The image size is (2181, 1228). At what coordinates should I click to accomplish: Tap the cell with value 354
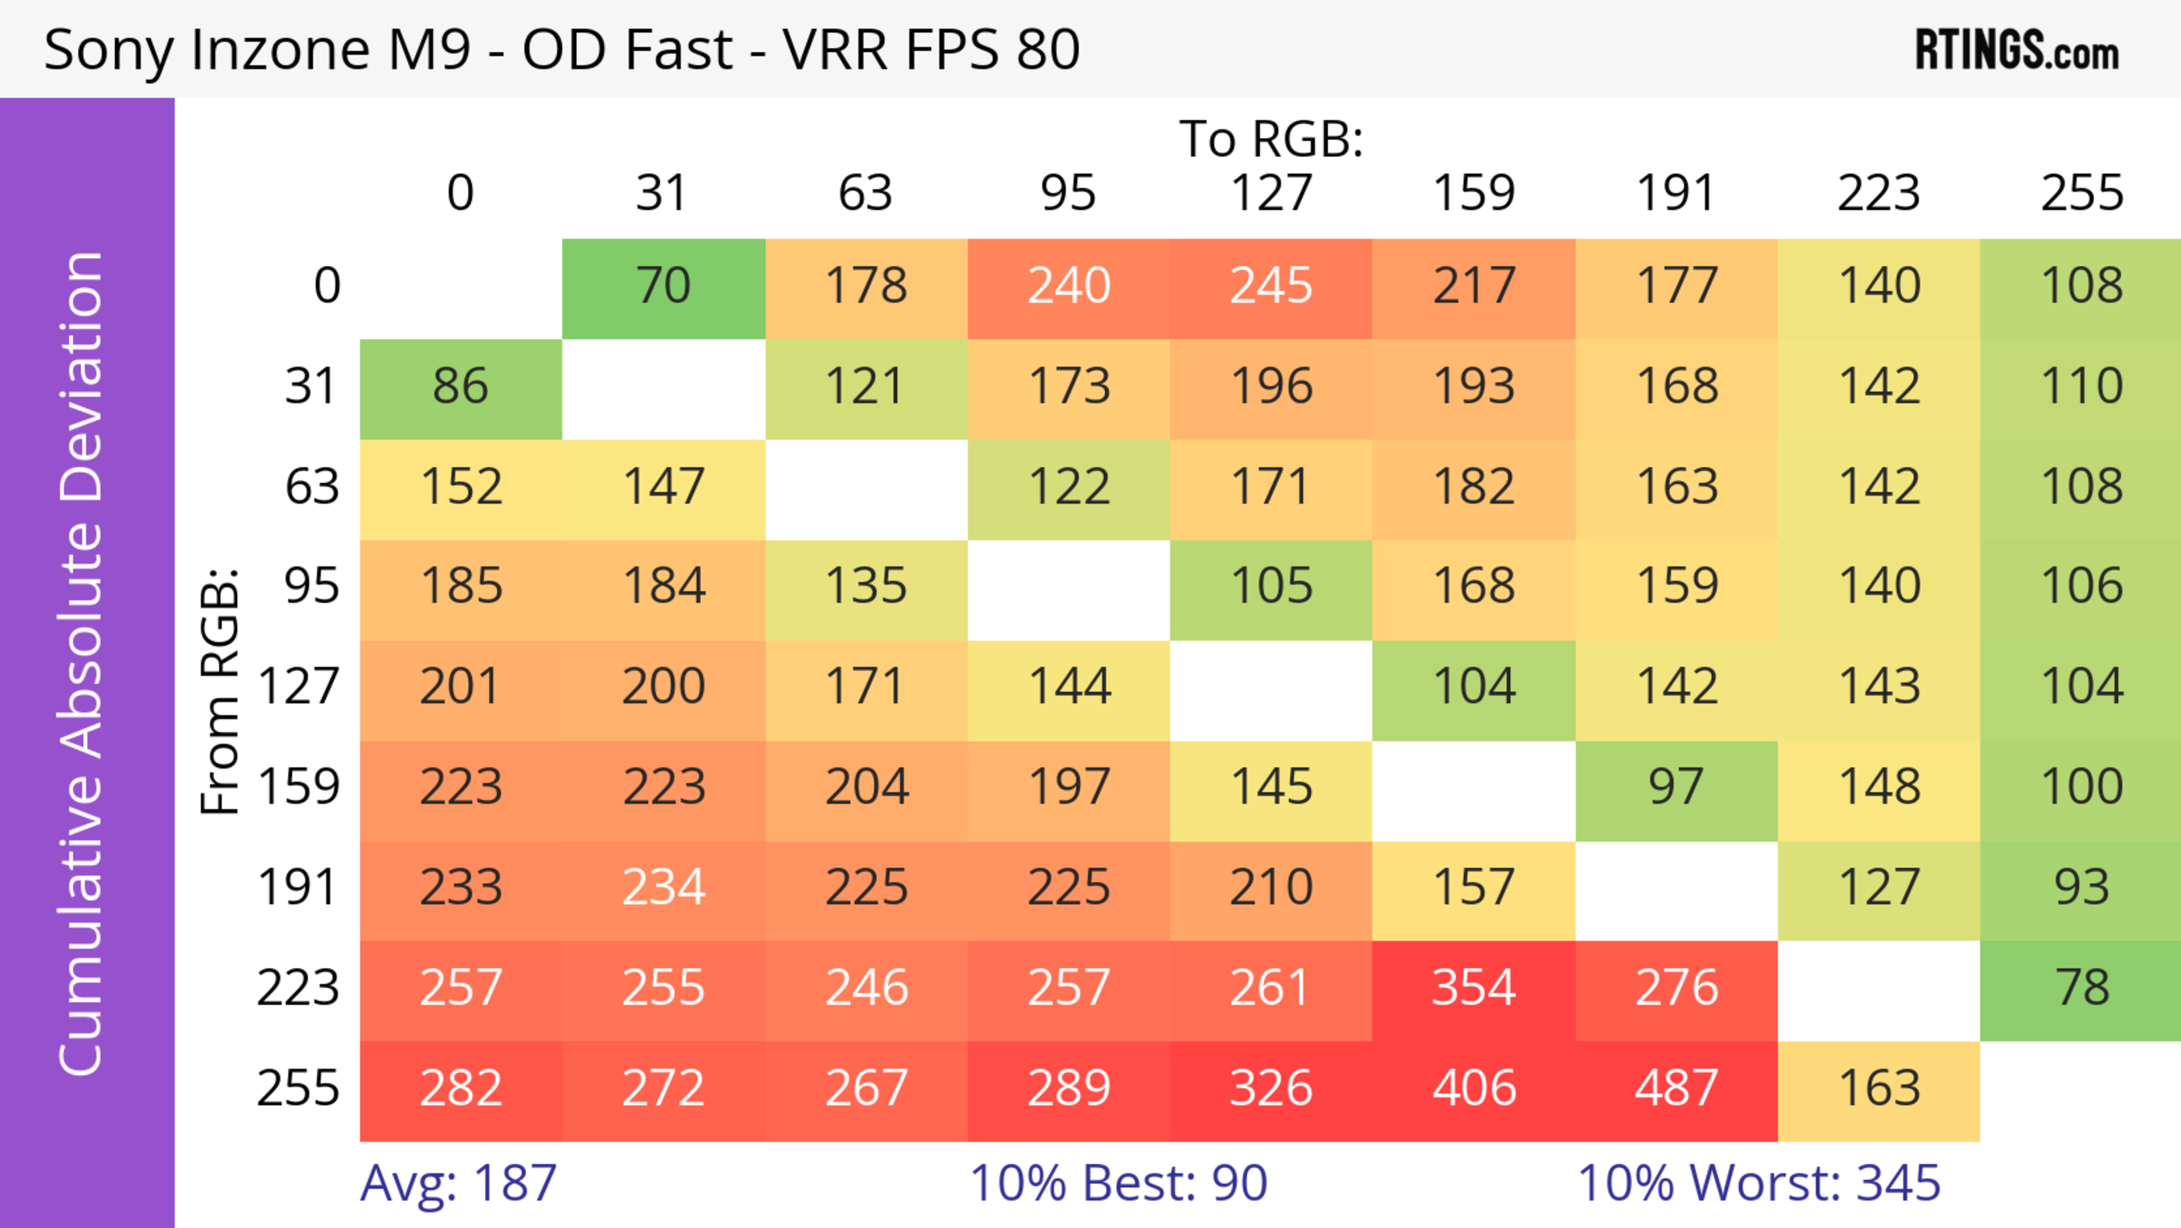tap(1473, 988)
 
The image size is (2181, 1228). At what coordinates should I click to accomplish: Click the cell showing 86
tap(461, 386)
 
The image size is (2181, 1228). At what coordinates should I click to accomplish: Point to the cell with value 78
tap(2081, 988)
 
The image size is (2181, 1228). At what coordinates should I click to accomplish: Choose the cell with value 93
tap(2081, 888)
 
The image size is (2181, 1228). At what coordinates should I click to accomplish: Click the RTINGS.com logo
tap(2017, 50)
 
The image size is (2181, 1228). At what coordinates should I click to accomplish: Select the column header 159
tap(1473, 193)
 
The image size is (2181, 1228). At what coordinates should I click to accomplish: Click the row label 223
tap(298, 988)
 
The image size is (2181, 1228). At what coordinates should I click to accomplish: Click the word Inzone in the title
tap(280, 50)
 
